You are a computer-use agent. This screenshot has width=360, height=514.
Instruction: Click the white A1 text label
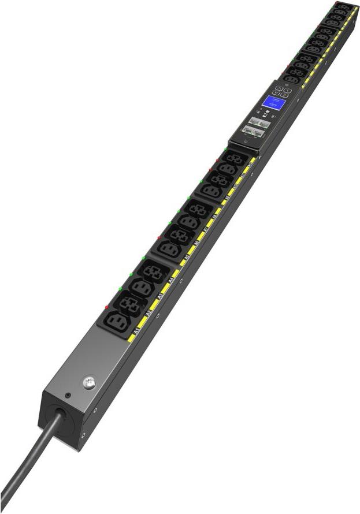pyautogui.click(x=136, y=331)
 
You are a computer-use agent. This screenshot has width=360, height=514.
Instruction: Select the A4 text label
pyautogui.click(x=172, y=281)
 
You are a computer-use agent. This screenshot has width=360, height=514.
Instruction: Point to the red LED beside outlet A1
pyautogui.click(x=106, y=307)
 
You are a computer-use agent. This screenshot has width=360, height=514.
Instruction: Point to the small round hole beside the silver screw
pyautogui.click(x=68, y=396)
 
